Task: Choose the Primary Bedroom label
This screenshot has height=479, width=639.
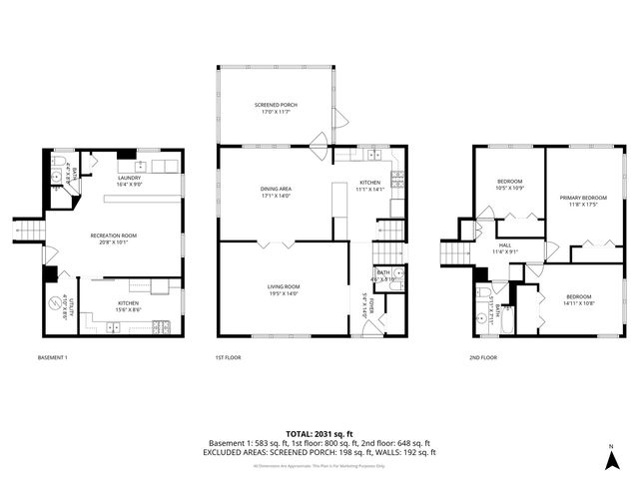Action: click(582, 201)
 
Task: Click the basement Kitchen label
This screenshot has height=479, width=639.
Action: click(129, 305)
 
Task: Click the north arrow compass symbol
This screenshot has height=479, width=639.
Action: click(611, 459)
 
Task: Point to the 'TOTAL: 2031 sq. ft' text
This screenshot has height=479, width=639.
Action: click(319, 433)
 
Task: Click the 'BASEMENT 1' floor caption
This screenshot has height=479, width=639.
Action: click(53, 357)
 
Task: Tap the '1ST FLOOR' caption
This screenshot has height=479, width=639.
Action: click(229, 357)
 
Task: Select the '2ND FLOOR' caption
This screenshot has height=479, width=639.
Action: click(483, 357)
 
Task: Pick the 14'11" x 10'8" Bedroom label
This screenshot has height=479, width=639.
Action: click(578, 299)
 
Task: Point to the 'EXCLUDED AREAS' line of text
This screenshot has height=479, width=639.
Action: click(319, 452)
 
